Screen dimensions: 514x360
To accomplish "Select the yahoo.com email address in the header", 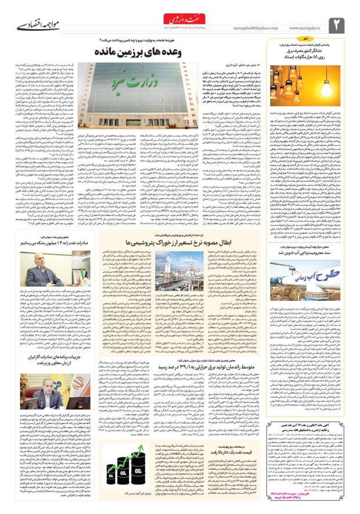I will pyautogui.click(x=252, y=26).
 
